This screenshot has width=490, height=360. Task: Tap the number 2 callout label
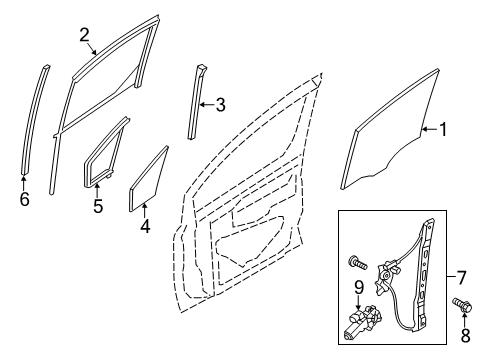(85, 35)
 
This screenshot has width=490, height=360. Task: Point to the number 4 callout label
(146, 225)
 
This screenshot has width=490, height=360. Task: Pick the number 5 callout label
(97, 207)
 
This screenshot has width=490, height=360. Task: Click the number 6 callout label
(24, 198)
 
